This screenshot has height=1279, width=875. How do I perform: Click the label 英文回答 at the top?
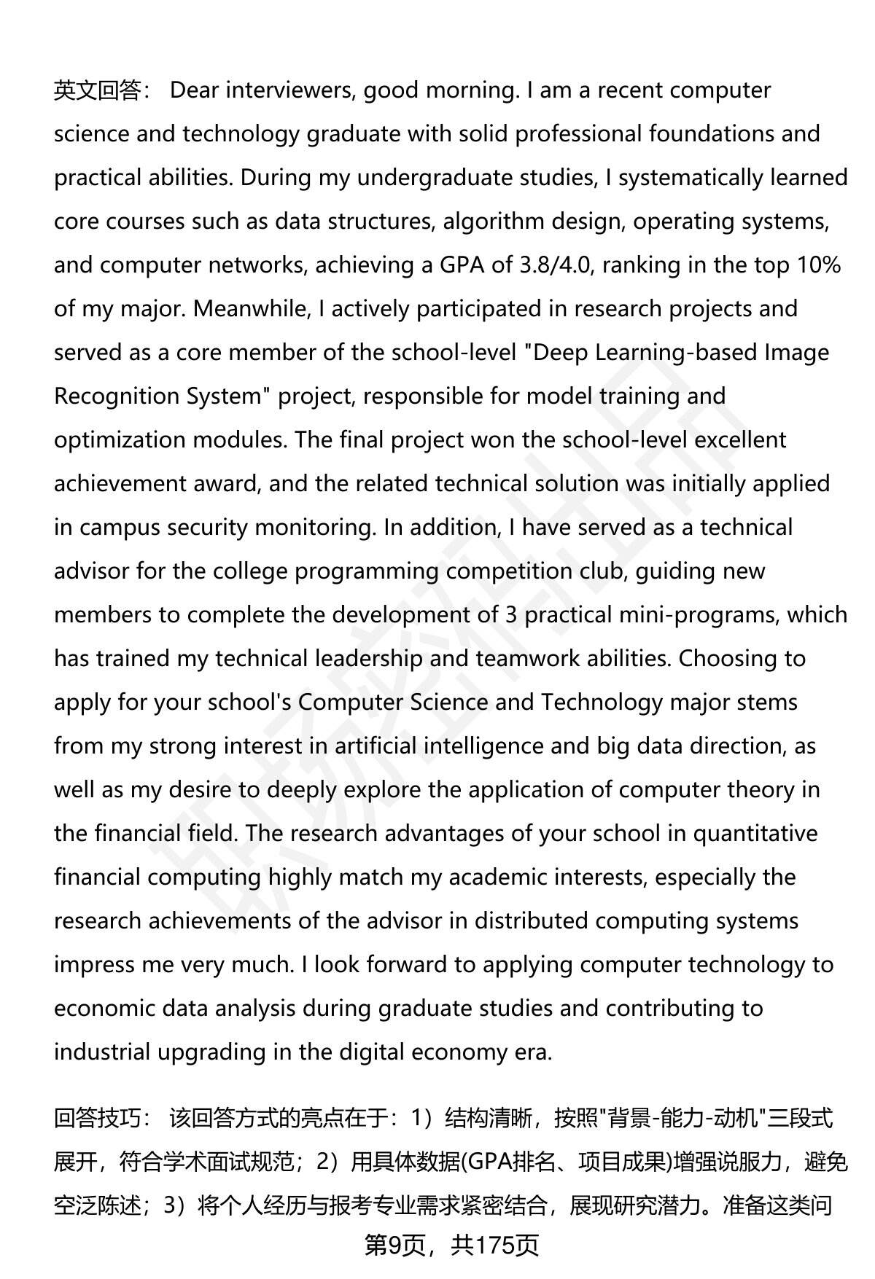pos(97,90)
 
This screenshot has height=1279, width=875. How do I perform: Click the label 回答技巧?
pos(97,1118)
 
